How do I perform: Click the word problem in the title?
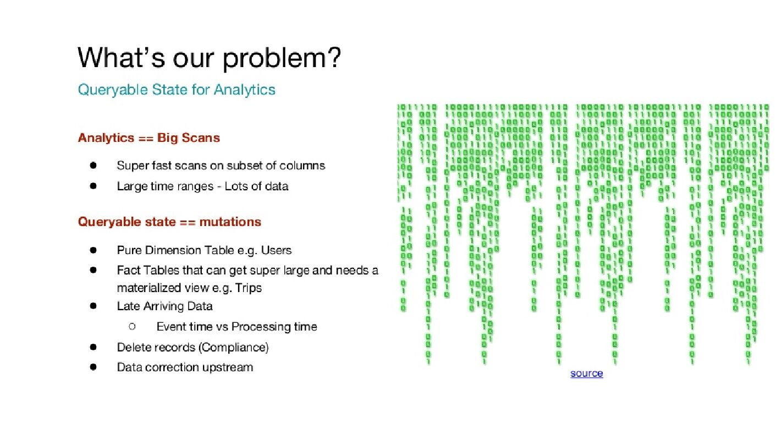(x=282, y=59)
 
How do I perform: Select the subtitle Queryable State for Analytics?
(x=177, y=90)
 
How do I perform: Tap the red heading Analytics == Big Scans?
(x=149, y=138)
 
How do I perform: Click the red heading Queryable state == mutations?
(x=170, y=222)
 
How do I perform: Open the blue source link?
(x=586, y=373)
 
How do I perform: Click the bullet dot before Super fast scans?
(x=93, y=165)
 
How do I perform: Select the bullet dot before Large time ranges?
(x=93, y=186)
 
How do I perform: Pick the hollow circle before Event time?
(x=132, y=327)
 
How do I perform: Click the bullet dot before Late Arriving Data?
(x=93, y=306)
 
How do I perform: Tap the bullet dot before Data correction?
(x=93, y=367)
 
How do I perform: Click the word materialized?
(x=149, y=288)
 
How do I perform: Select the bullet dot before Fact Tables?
(x=93, y=270)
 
